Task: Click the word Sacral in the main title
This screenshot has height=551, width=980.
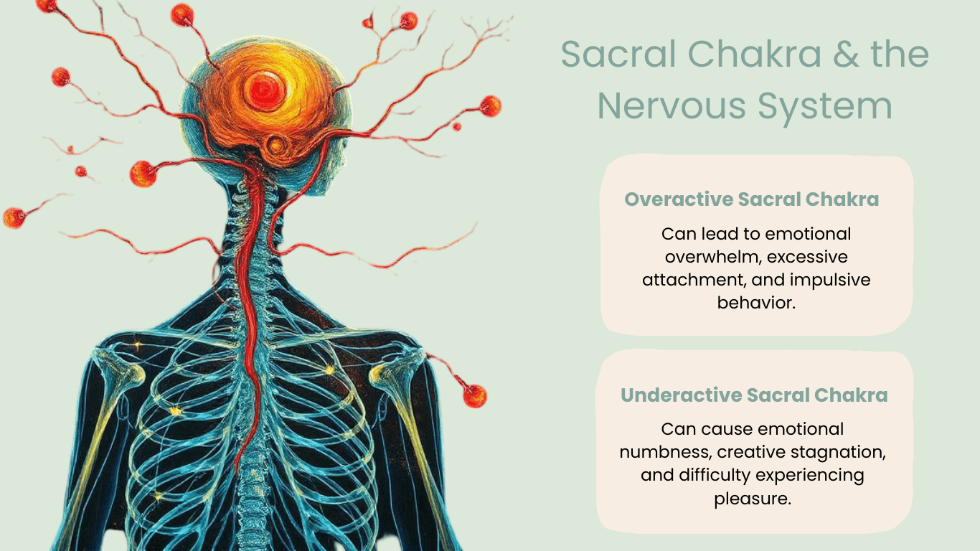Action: click(619, 55)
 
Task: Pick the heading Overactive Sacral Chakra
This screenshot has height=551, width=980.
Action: click(752, 199)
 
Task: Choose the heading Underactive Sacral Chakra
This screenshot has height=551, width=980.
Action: click(754, 395)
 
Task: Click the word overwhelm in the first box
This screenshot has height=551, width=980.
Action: click(710, 256)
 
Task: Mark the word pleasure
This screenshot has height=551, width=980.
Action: click(753, 498)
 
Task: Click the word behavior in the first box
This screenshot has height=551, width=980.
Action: click(756, 302)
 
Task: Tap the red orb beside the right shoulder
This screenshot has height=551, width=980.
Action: click(474, 395)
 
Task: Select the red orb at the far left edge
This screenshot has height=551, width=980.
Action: click(14, 217)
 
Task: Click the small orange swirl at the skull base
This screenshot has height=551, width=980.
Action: click(275, 146)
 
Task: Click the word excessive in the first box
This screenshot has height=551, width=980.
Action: click(807, 256)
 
